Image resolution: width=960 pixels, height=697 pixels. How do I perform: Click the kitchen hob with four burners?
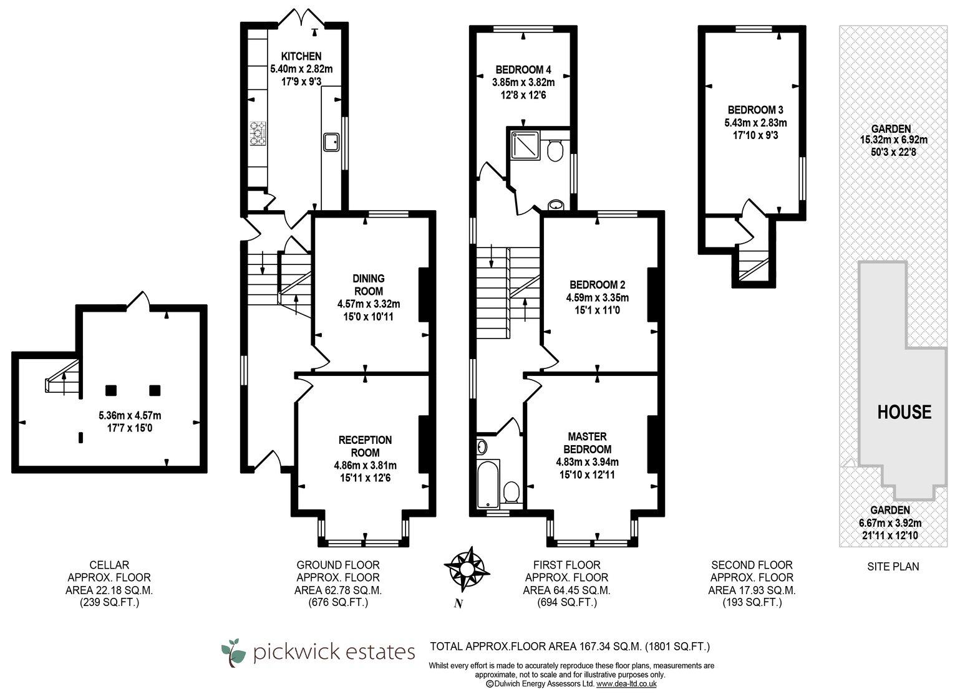258,133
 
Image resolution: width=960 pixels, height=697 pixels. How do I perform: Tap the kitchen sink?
331,142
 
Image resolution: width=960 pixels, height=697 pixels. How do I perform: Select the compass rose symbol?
467,569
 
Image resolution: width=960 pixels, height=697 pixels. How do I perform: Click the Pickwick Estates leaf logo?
233,653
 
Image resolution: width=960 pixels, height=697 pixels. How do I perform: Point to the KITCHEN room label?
301,56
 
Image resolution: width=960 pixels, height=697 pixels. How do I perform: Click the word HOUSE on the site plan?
904,412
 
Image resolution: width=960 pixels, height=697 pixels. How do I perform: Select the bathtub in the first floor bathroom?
488,484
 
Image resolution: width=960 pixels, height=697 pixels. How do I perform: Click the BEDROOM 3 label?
755,110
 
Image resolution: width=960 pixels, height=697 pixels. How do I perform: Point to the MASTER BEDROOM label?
587,443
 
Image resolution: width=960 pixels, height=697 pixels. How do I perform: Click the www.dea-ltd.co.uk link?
626,684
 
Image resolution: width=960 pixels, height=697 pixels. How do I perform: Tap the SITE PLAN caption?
893,566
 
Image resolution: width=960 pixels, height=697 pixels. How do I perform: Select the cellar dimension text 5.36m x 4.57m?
130,415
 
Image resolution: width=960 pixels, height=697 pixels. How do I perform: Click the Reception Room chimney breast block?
424,445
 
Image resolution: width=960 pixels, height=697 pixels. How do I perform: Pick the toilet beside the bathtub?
512,493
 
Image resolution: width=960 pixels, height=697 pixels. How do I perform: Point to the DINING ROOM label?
369,285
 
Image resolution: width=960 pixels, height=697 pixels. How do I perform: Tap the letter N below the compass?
458,603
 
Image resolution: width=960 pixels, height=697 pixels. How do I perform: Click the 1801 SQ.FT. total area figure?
677,647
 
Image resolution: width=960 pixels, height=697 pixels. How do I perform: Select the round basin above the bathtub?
482,447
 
